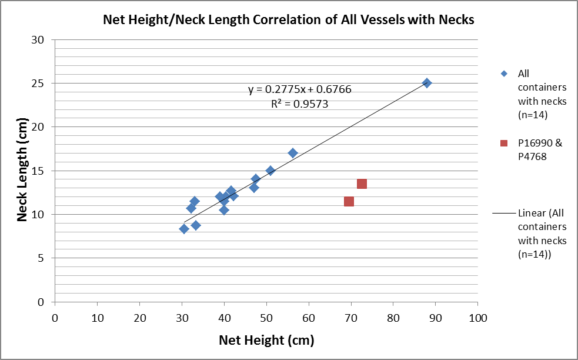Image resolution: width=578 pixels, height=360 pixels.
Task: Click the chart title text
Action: pyautogui.click(x=288, y=19)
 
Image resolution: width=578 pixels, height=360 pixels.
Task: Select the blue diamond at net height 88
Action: pyautogui.click(x=427, y=83)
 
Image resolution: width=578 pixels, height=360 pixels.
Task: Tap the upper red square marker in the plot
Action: pyautogui.click(x=362, y=184)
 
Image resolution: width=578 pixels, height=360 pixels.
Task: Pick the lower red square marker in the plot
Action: pyautogui.click(x=349, y=201)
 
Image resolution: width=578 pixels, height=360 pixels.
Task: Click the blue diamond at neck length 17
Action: pyautogui.click(x=293, y=153)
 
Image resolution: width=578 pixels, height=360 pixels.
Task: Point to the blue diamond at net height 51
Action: pyautogui.click(x=270, y=171)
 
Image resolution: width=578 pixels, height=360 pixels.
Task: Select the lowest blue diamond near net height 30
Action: pyautogui.click(x=184, y=229)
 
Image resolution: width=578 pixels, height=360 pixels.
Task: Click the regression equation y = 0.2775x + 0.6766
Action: pyautogui.click(x=299, y=89)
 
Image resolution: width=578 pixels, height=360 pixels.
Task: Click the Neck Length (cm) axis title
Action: pyautogui.click(x=22, y=171)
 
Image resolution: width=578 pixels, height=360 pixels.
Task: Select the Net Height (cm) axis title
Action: pyautogui.click(x=266, y=340)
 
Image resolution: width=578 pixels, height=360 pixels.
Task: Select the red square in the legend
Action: pyautogui.click(x=503, y=143)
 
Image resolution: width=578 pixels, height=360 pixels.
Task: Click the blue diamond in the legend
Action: pyautogui.click(x=503, y=74)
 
